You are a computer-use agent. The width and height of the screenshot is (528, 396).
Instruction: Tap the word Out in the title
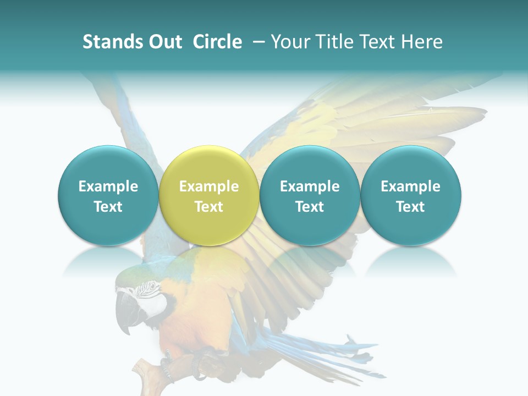[x=166, y=42]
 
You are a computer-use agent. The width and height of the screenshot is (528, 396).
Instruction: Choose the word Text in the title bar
[x=373, y=42]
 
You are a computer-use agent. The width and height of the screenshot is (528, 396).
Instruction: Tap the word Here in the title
[x=420, y=42]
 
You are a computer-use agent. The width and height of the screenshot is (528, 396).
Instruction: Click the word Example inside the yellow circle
[x=208, y=186]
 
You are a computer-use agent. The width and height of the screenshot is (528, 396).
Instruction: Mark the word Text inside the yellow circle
[x=208, y=207]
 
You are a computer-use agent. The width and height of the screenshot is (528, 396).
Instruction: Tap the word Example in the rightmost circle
[x=410, y=186]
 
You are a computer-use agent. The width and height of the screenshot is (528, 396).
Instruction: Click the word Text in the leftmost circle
[x=108, y=207]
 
